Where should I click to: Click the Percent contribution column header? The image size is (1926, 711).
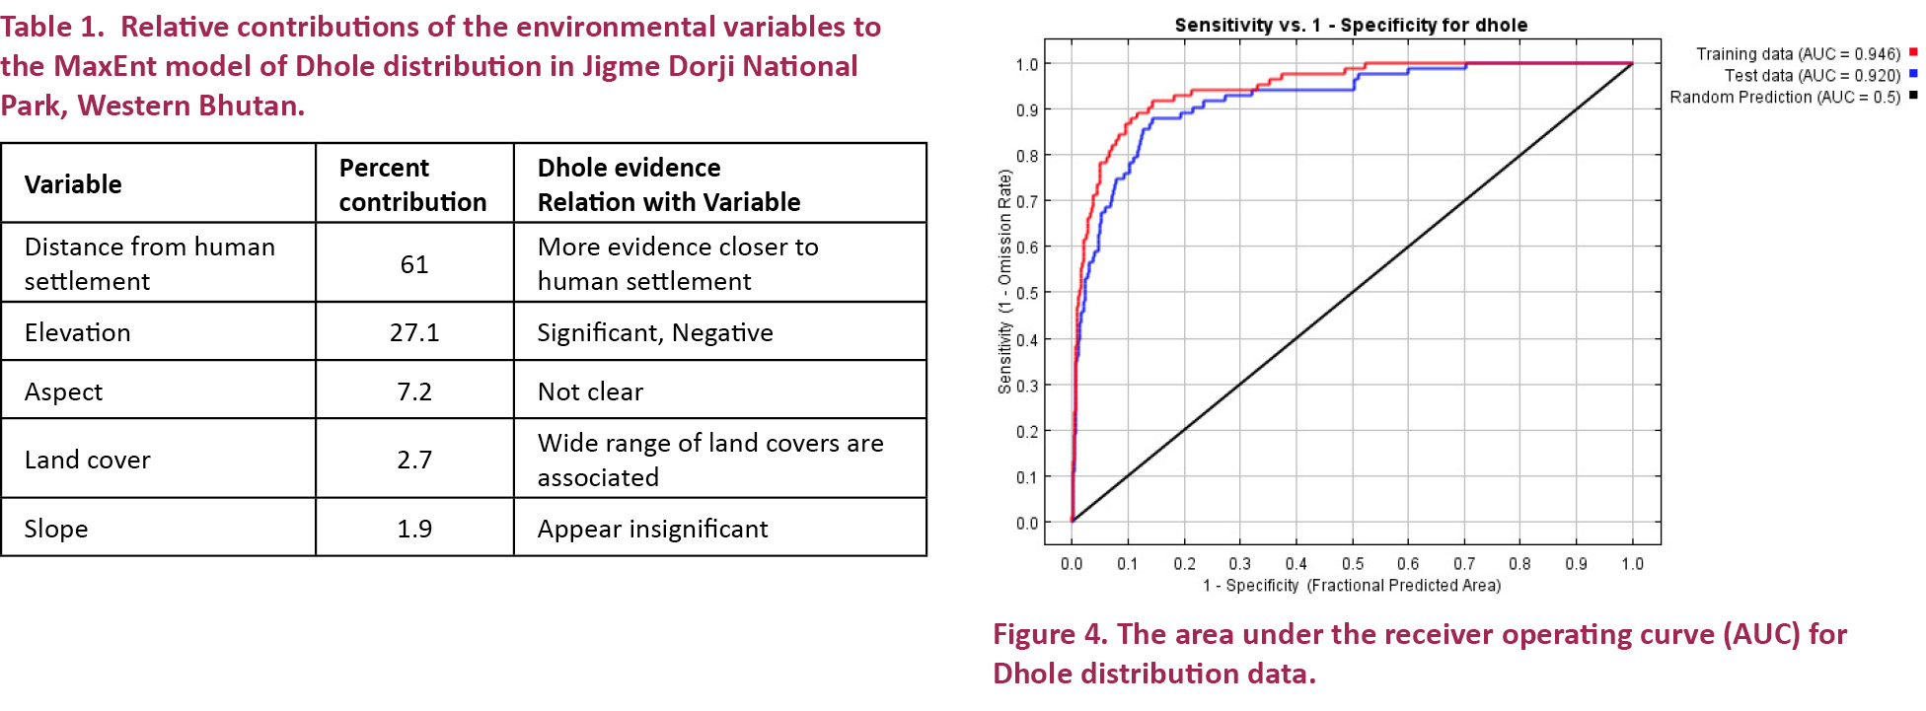[x=412, y=184]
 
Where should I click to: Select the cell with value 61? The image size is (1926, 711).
[x=414, y=264]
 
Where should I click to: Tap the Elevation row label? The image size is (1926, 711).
[x=78, y=332]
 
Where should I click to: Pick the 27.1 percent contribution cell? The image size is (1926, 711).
[x=414, y=332]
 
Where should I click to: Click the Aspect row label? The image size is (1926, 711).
[x=64, y=391]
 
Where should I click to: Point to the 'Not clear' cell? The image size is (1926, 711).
[x=590, y=391]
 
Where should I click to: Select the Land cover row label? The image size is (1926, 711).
[x=88, y=460]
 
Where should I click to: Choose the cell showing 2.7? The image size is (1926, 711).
[x=414, y=460]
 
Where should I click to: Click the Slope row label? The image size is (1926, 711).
[x=56, y=529]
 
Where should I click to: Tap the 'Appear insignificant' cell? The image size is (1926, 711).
[x=652, y=529]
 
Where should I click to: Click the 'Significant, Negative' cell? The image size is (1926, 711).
[x=654, y=332]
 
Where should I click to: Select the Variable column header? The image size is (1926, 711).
[x=73, y=184]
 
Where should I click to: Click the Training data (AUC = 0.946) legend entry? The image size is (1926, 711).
[x=1798, y=54]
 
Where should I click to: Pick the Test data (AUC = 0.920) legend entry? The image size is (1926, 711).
[x=1812, y=76]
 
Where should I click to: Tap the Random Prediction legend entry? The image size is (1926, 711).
[x=1785, y=98]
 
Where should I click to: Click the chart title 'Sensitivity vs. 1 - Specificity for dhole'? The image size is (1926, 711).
[x=1351, y=26]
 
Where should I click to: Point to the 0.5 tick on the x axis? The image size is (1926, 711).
[x=1353, y=564]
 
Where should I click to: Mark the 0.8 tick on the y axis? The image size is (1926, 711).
[x=1027, y=156]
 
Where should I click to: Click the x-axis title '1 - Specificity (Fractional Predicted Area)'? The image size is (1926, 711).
[x=1352, y=586]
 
